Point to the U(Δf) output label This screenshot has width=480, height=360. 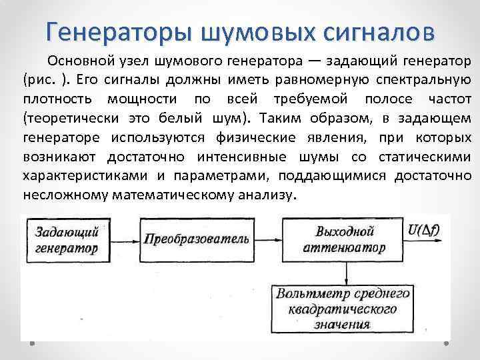[427, 231]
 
